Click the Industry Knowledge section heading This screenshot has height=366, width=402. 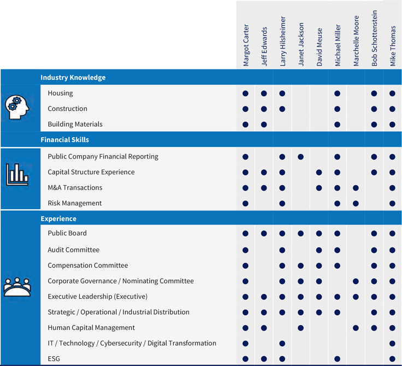tap(73, 78)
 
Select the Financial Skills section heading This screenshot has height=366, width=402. tap(64, 140)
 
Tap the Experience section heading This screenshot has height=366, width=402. tap(58, 219)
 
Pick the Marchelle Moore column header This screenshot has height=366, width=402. tap(356, 41)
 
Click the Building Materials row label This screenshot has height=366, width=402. tap(75, 124)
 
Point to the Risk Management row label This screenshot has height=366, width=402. tap(74, 203)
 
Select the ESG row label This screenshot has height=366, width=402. tap(54, 359)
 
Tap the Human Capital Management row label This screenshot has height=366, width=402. tap(91, 328)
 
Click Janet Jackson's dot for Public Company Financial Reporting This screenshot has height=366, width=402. tap(301, 157)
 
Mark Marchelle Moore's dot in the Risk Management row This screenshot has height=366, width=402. tap(356, 204)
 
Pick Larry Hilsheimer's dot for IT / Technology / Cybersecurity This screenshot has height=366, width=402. tap(282, 344)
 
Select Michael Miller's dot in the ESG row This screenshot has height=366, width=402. tap(338, 359)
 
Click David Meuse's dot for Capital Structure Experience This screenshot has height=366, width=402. tap(319, 173)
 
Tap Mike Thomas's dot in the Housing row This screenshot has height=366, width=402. tap(393, 93)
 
